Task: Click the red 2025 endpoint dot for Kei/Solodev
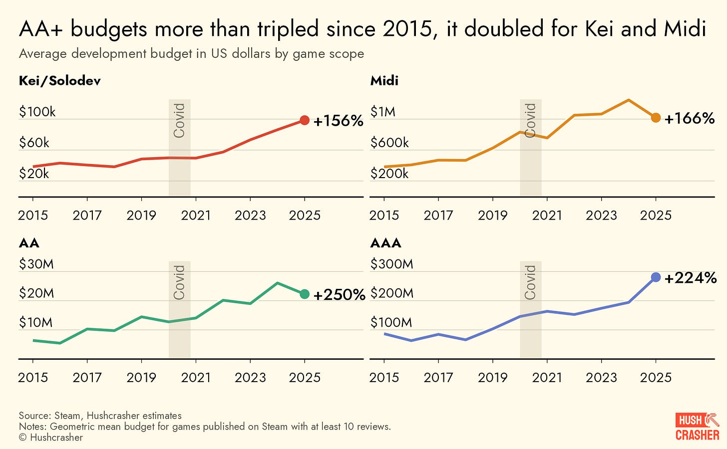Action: [x=305, y=120]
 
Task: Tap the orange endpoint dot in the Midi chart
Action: [x=656, y=118]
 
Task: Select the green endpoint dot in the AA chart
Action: [x=305, y=294]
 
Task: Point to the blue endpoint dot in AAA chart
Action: [x=656, y=277]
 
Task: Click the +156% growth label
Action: [x=338, y=121]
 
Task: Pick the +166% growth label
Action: [x=690, y=118]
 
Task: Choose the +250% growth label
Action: [x=339, y=295]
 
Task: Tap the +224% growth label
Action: [x=691, y=278]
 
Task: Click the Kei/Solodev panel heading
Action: [x=60, y=81]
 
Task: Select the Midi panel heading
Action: [x=384, y=81]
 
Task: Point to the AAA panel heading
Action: [x=386, y=243]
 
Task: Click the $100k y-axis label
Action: [x=37, y=112]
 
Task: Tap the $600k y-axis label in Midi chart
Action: [x=389, y=143]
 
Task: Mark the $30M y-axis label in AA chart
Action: [x=36, y=264]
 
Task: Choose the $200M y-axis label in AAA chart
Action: [x=392, y=293]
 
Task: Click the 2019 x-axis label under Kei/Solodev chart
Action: [x=141, y=215]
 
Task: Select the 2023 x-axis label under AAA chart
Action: [x=601, y=377]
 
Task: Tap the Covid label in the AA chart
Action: [x=179, y=282]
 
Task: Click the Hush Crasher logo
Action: [x=697, y=427]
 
